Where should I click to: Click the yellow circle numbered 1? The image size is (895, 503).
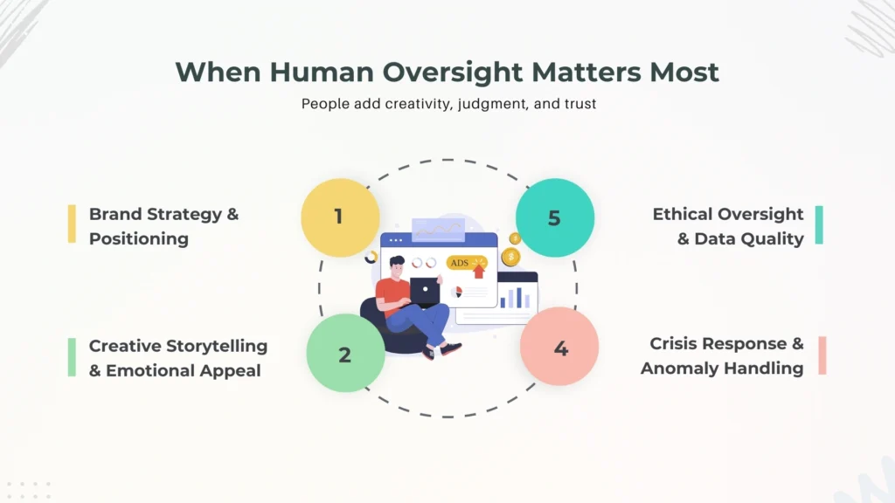(340, 217)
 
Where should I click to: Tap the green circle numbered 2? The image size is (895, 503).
(345, 353)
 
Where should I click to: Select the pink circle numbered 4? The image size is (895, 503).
(559, 346)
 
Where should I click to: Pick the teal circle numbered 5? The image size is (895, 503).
(555, 217)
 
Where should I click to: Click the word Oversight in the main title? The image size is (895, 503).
(452, 72)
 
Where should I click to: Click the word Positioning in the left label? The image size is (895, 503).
(139, 239)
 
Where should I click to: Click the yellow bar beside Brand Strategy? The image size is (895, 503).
(72, 224)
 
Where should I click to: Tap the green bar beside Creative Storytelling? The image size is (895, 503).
(72, 357)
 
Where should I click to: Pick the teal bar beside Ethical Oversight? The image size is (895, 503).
(819, 224)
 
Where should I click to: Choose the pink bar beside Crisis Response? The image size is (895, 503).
(822, 355)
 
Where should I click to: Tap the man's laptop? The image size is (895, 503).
(424, 292)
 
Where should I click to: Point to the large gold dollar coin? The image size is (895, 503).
(510, 258)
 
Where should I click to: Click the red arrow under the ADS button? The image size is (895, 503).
(479, 272)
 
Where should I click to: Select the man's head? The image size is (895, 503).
(398, 266)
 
